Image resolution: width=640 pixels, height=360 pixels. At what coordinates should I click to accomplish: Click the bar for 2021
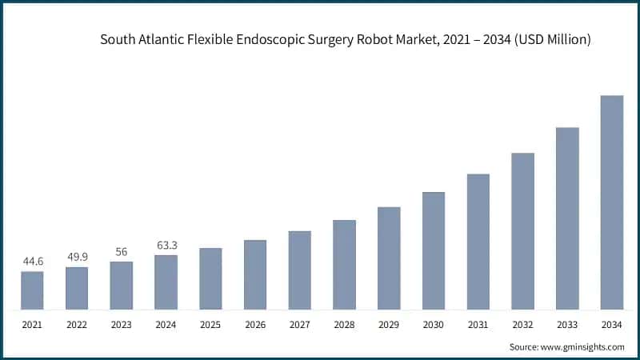(32, 290)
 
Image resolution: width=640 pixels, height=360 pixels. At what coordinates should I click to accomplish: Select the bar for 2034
(612, 202)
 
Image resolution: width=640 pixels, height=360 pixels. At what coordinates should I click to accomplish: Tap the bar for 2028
(344, 265)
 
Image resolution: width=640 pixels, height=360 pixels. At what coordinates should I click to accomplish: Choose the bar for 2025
(210, 278)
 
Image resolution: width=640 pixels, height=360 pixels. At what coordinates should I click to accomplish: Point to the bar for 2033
(567, 218)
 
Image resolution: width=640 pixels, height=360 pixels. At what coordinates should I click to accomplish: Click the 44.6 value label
(32, 261)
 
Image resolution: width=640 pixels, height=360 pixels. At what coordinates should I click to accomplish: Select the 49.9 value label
(77, 257)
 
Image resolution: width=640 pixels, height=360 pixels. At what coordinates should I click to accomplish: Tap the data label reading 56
(122, 251)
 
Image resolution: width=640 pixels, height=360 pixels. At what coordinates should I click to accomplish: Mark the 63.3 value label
(166, 245)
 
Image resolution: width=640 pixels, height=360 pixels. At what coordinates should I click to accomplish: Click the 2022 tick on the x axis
(77, 325)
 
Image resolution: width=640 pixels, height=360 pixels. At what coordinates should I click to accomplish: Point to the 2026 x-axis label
(255, 325)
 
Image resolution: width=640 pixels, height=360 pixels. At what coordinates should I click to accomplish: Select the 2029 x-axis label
(389, 325)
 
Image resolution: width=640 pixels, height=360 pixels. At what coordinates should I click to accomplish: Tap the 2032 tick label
(522, 325)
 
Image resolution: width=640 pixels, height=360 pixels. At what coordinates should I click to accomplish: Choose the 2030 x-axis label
(434, 325)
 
